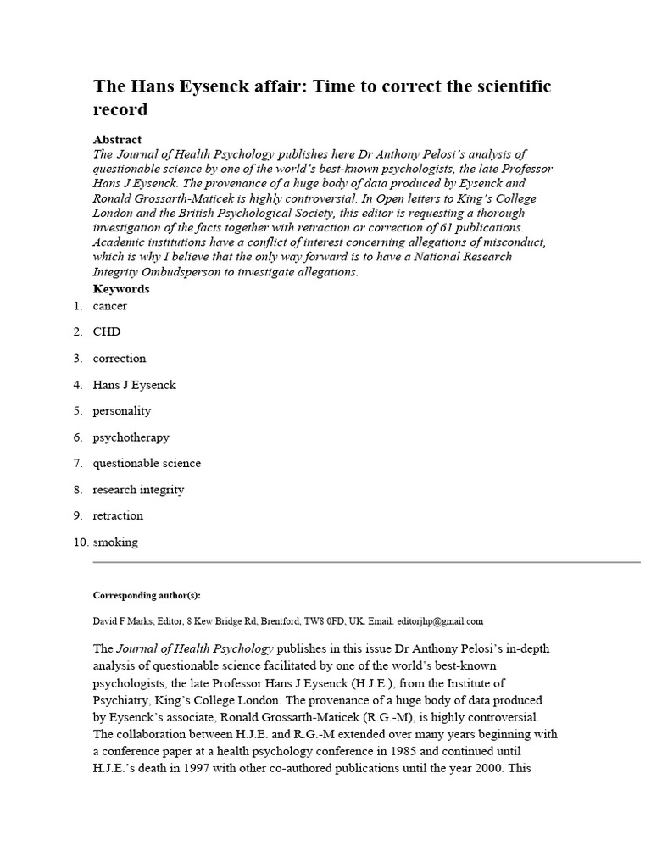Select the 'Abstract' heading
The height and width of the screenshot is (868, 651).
[x=117, y=139]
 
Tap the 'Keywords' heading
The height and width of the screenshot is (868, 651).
[x=121, y=289]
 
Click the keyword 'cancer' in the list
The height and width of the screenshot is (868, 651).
[x=110, y=305]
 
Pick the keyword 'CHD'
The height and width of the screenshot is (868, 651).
[x=107, y=331]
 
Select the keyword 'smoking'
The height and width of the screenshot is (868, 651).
[x=115, y=542]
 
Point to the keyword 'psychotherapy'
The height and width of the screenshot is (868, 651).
[x=131, y=437]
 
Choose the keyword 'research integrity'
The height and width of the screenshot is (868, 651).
[x=138, y=490]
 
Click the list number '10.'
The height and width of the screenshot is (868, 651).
[x=81, y=542]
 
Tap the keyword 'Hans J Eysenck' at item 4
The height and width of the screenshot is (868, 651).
[x=134, y=385]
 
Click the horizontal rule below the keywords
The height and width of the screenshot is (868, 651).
[x=366, y=562]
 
